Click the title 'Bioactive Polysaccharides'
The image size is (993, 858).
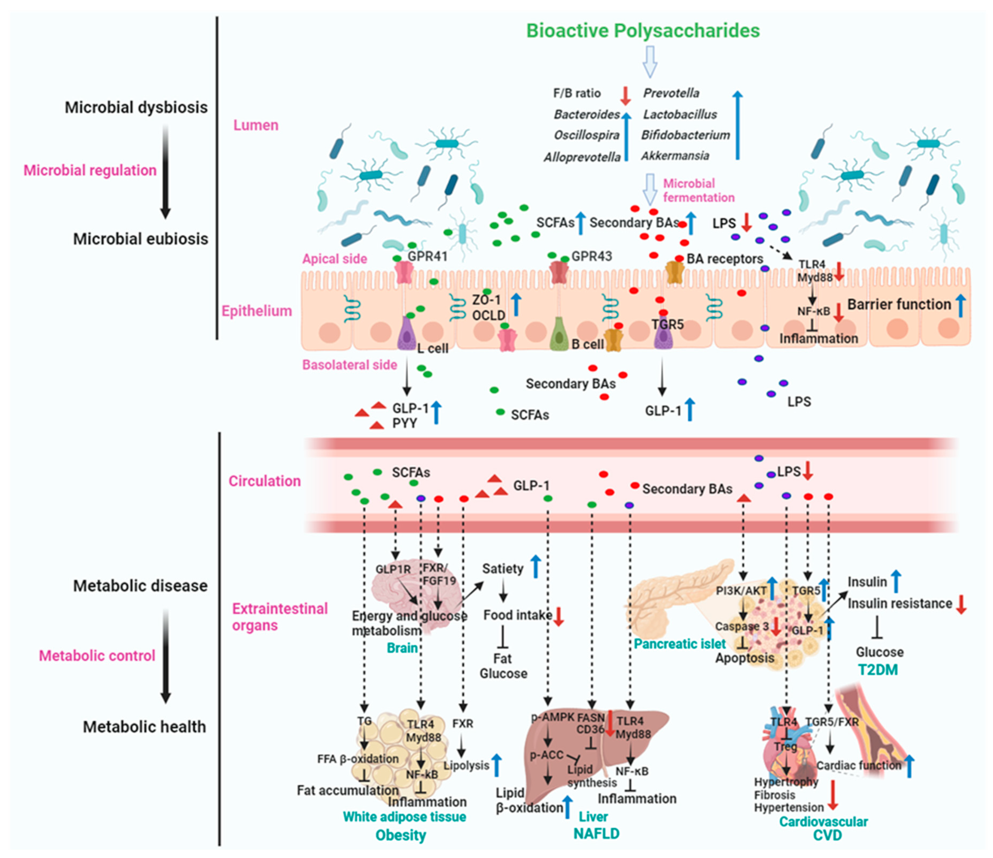(643, 31)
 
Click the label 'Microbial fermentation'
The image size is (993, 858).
(698, 190)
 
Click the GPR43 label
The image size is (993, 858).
(592, 256)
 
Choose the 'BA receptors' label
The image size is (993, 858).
(725, 259)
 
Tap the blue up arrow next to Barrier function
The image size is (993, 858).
(960, 305)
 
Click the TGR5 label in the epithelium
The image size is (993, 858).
(667, 324)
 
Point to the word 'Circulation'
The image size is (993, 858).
(264, 481)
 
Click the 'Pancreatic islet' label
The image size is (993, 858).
(680, 644)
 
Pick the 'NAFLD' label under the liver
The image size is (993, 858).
(596, 833)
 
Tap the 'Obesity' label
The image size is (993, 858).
(401, 835)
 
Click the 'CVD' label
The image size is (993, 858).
(827, 835)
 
